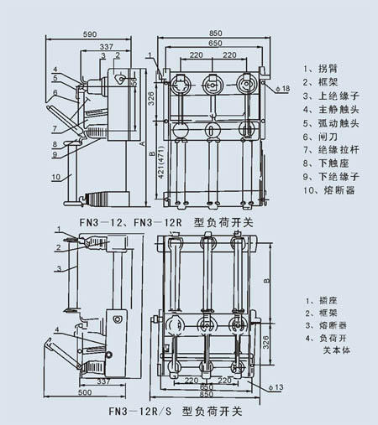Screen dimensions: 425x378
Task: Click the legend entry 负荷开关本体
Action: [x=323, y=343]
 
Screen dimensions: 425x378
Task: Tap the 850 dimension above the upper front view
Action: [x=214, y=34]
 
